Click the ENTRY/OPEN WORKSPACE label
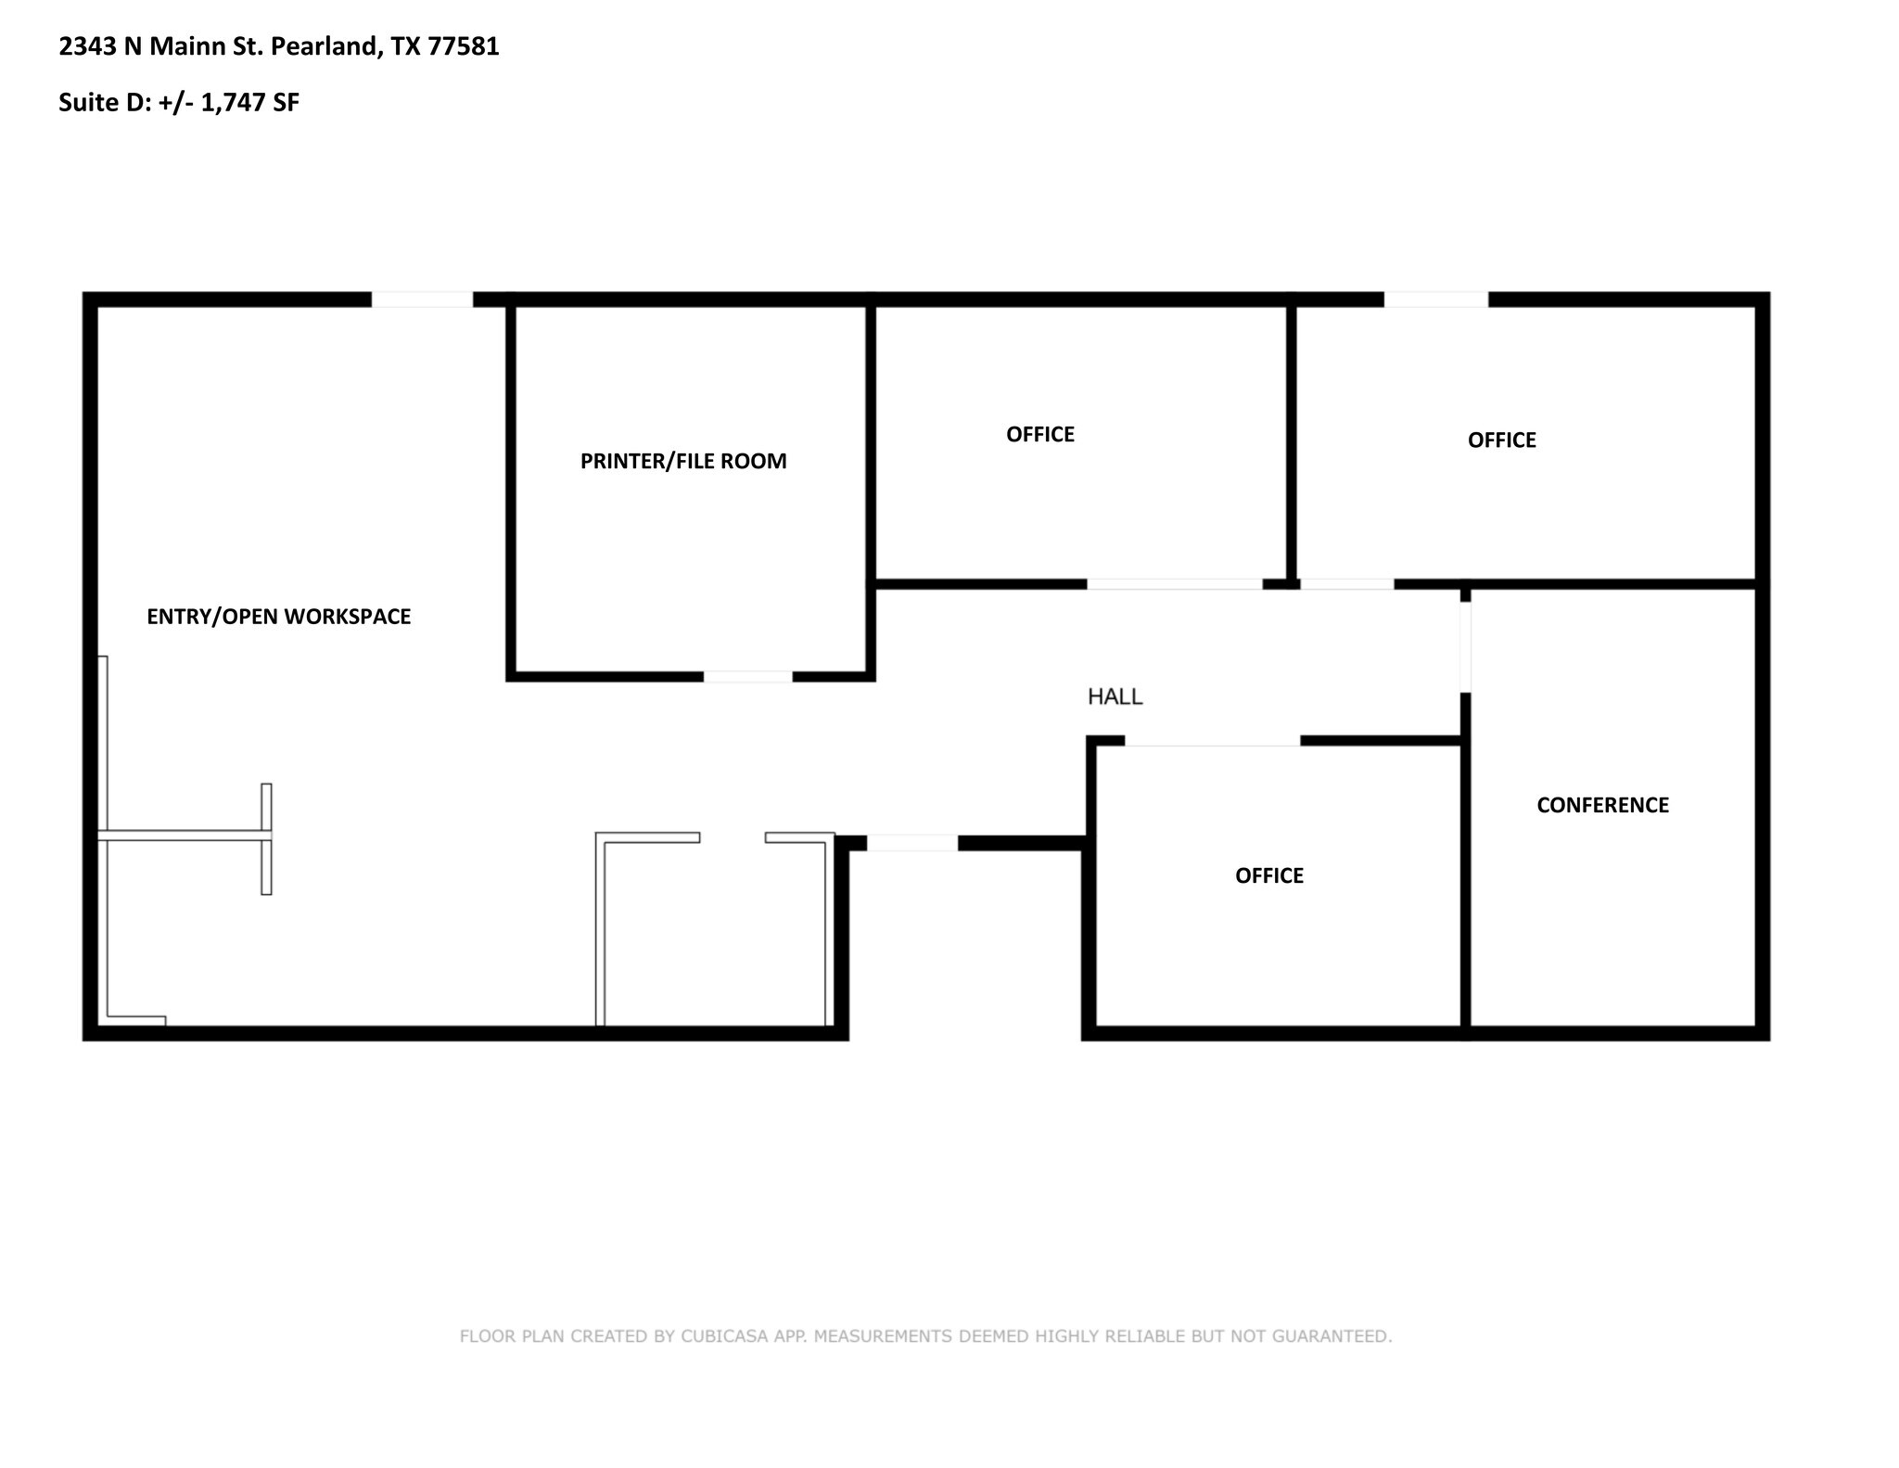tap(278, 617)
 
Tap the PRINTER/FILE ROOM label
tap(683, 461)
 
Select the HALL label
tap(1115, 696)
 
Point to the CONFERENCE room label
tap(1602, 805)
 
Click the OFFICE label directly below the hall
tap(1268, 875)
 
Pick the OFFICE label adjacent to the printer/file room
tap(1039, 434)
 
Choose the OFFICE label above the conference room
tap(1501, 440)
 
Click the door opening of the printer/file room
tap(747, 677)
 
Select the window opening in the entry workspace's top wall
tap(422, 300)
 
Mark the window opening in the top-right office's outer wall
tap(1435, 300)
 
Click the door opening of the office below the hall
tap(1212, 740)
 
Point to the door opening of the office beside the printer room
tap(1174, 584)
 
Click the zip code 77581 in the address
tap(464, 46)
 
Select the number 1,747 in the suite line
tap(234, 103)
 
